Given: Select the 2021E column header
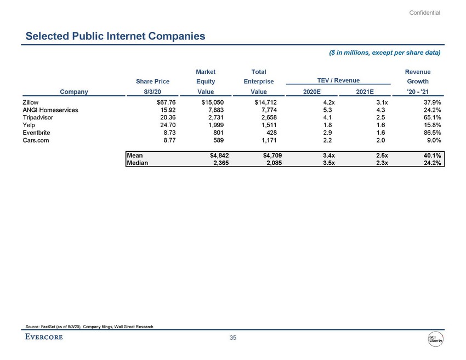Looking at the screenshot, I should point(365,92).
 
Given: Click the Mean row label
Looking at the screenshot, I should point(135,155).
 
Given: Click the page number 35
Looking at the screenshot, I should point(232,338).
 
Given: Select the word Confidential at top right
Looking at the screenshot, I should point(425,13).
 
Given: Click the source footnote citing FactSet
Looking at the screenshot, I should point(89,327).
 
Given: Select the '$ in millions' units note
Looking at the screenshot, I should point(384,53).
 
